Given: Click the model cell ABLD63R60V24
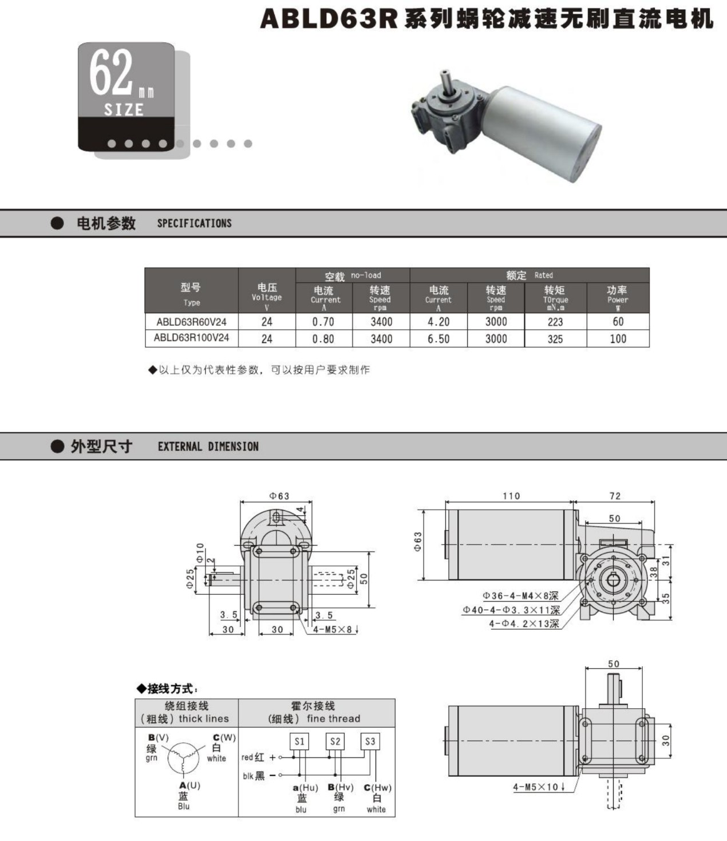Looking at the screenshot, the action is (x=191, y=322).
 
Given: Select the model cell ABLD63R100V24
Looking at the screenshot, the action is (x=191, y=338).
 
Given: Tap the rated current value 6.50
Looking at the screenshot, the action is (x=438, y=339).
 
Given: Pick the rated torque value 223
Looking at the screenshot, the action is (x=555, y=322).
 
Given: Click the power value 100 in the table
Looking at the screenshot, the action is (x=618, y=339).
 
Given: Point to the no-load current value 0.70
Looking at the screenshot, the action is (x=323, y=322).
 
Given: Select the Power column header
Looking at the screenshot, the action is (x=618, y=298).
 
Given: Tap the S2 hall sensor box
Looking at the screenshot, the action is (x=335, y=741).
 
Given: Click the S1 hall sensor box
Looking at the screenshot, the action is (x=299, y=741).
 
